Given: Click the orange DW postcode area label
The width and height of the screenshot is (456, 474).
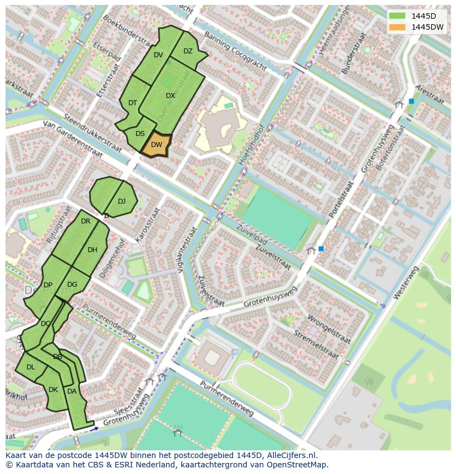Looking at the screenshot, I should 156,145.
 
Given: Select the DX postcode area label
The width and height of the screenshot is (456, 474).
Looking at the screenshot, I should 170,96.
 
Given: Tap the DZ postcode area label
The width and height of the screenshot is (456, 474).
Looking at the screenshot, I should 188,51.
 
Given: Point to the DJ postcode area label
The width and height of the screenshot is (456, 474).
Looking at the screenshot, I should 122,201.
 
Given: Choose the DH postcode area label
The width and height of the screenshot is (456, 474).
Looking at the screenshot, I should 93,250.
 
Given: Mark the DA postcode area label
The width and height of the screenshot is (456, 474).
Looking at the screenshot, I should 72,391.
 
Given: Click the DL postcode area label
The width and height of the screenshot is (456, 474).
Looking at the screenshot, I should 31,367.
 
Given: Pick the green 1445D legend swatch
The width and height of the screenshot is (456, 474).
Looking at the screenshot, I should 396,16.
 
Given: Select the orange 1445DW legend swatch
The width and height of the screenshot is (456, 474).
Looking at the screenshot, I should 396,27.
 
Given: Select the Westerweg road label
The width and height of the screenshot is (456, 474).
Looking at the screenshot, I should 406,283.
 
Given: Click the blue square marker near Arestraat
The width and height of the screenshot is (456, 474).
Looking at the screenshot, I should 411,101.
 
